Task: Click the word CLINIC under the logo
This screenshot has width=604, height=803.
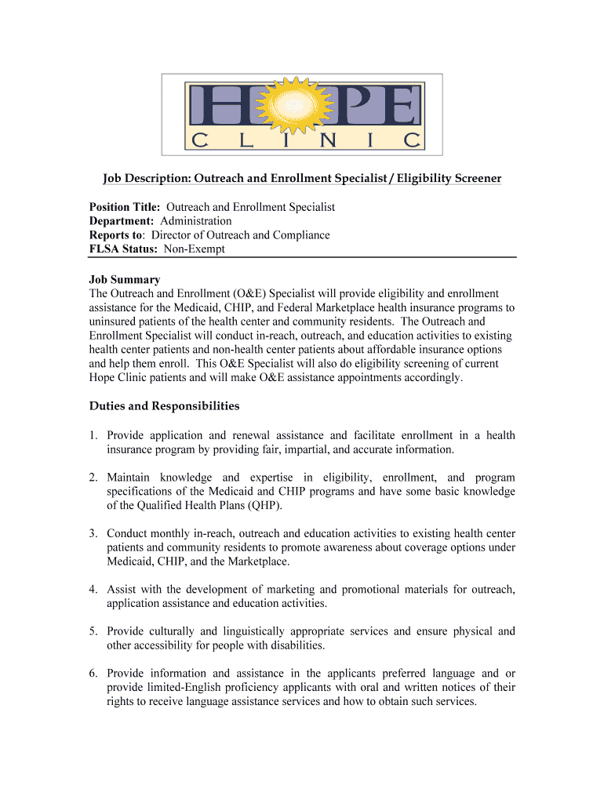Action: click(x=302, y=141)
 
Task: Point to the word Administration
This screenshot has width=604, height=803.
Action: click(x=196, y=221)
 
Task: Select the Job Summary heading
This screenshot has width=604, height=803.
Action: click(x=124, y=280)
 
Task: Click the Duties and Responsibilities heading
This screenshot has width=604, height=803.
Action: click(x=164, y=406)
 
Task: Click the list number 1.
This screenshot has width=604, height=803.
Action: click(x=93, y=435)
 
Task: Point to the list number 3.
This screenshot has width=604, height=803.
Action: click(x=93, y=533)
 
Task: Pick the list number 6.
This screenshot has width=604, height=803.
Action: click(x=93, y=674)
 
